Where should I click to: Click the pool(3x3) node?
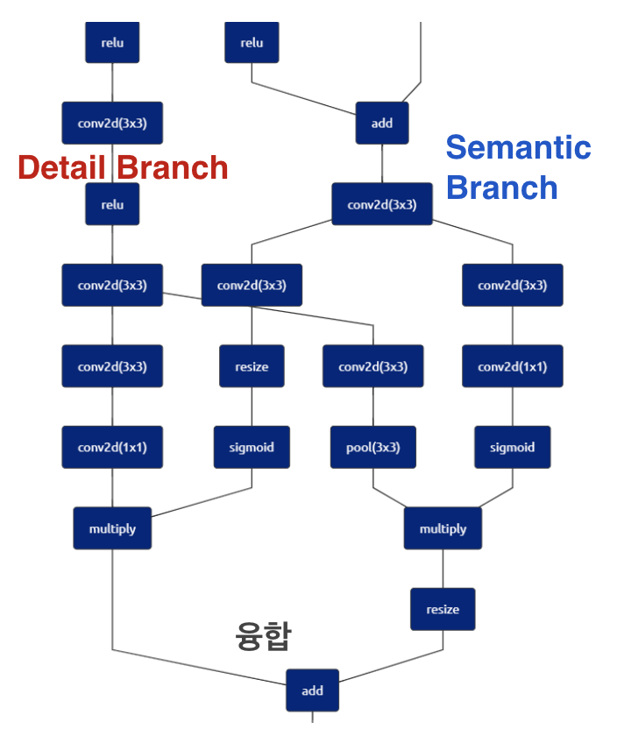click(372, 447)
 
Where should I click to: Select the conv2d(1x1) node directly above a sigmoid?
click(512, 366)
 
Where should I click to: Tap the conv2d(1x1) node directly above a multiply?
click(111, 447)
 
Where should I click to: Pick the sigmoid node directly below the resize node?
click(252, 447)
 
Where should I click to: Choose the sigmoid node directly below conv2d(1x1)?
click(512, 447)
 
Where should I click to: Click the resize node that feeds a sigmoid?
click(252, 366)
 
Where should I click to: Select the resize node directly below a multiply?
click(443, 609)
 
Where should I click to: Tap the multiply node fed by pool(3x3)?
click(443, 528)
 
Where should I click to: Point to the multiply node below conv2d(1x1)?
click(111, 528)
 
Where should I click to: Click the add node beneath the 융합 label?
click(312, 690)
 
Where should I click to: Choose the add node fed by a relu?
click(381, 123)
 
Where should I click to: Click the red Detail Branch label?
click(123, 167)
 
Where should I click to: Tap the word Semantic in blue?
click(518, 147)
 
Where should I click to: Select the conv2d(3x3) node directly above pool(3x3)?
click(372, 366)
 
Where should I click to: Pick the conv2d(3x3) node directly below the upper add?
click(381, 204)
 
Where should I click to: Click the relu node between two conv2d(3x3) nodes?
click(111, 204)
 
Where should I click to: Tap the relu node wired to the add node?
click(252, 42)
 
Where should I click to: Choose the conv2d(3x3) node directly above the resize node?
click(252, 285)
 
